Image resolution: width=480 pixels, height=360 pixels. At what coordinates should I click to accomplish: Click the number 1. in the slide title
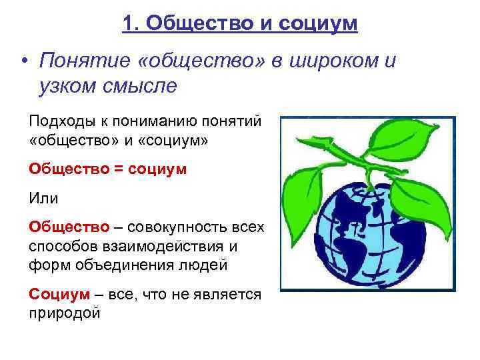(131, 23)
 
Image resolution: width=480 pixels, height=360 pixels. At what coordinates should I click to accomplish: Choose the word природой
(65, 312)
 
